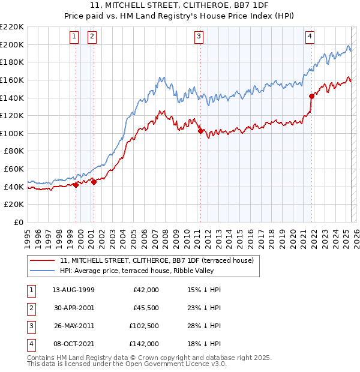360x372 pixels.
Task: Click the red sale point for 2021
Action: (x=311, y=96)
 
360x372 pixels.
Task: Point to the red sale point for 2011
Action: (x=200, y=131)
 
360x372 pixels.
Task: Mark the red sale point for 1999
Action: (x=76, y=185)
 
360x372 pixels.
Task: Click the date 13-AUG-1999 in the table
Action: (x=73, y=290)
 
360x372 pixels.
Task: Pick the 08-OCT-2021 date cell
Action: (x=73, y=344)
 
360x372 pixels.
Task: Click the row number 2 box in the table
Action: (x=31, y=308)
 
